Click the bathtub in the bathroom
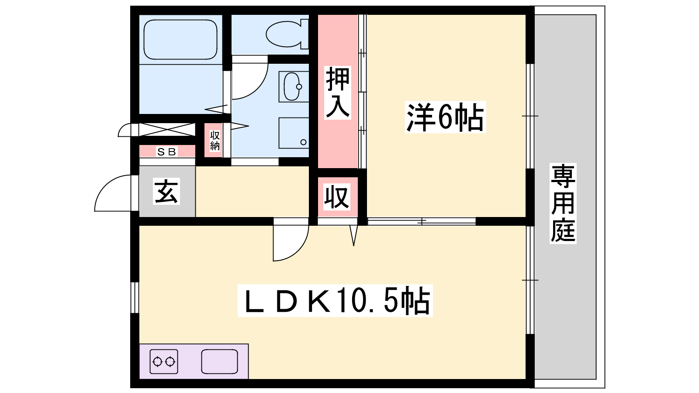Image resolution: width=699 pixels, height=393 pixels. [180, 40]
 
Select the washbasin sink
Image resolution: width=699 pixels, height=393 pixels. [292, 86]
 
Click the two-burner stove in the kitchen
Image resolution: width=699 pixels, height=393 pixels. [164, 362]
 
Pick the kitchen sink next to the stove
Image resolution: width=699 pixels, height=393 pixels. [219, 362]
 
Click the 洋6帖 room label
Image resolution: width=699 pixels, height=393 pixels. [445, 117]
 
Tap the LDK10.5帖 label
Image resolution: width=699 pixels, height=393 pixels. [335, 300]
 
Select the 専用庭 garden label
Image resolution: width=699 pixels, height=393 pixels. [563, 203]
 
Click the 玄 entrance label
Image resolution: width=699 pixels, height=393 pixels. [166, 192]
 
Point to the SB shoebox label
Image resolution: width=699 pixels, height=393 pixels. [166, 152]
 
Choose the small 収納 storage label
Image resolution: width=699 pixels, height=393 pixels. [215, 141]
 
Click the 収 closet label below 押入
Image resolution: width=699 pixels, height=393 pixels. [337, 196]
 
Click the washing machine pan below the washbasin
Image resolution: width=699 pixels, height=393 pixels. [294, 133]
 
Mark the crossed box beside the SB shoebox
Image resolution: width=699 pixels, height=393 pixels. [166, 130]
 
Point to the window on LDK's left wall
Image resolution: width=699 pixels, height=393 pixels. [135, 297]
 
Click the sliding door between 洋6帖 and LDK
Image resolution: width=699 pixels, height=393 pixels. [422, 221]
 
